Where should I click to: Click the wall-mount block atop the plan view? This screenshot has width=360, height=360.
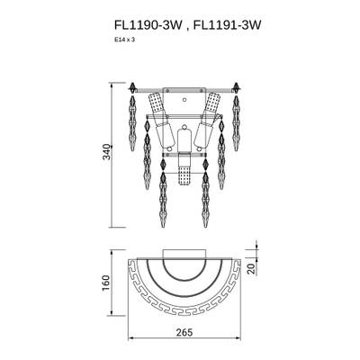(184, 254)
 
